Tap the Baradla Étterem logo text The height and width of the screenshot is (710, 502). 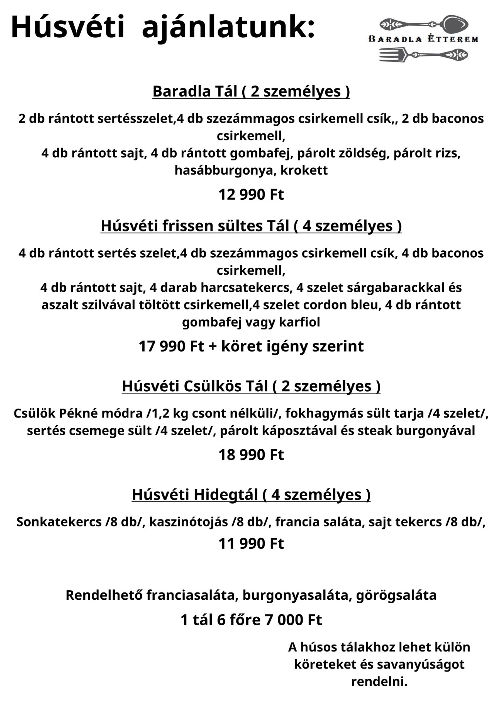coord(423,39)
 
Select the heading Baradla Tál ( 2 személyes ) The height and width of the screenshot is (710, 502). coord(251,91)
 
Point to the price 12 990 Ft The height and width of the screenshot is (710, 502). coord(251,195)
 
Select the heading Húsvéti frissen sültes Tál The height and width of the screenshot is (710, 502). coord(251,226)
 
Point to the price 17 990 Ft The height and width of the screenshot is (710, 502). coord(171,346)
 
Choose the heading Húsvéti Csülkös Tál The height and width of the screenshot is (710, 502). coord(251,386)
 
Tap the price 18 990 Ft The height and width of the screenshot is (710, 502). coord(251,455)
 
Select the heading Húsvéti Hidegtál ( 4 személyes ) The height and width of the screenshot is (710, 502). coord(251,495)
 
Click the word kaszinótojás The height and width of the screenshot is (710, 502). coord(188,522)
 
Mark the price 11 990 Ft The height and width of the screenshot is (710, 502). coord(251,544)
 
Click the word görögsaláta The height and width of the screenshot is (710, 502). coord(396,595)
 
